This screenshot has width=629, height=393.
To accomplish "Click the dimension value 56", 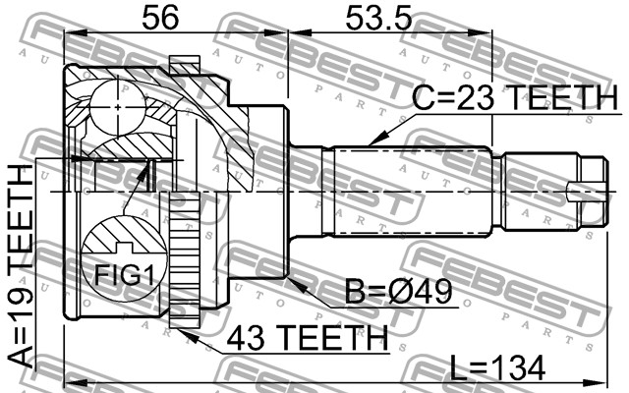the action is [x=160, y=18].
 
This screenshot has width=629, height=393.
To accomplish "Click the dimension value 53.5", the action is [x=378, y=18].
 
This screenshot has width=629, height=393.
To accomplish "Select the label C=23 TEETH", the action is [x=515, y=98].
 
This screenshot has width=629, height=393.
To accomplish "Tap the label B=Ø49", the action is [x=399, y=292].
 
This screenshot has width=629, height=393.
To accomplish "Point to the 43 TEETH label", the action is [x=308, y=338].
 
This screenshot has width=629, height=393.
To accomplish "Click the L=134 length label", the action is [x=497, y=367].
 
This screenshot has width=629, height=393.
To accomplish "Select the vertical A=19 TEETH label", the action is [x=20, y=266].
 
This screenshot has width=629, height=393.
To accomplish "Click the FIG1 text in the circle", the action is [x=124, y=275].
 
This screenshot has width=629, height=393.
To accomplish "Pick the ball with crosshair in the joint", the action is [x=117, y=107].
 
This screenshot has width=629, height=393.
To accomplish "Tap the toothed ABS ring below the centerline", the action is [x=185, y=259].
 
